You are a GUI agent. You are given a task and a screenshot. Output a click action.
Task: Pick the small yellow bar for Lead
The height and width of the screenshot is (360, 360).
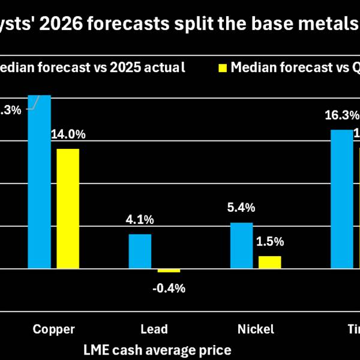[x=169, y=271]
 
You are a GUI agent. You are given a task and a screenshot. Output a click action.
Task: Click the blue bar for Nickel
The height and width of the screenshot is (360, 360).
[x=241, y=245]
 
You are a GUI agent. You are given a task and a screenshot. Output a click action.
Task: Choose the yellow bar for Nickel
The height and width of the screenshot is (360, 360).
[x=269, y=262]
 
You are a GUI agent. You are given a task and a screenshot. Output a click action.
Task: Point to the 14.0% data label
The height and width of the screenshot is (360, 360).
[x=69, y=135]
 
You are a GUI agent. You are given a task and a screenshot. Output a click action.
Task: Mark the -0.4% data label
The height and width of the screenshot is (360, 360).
[x=169, y=288]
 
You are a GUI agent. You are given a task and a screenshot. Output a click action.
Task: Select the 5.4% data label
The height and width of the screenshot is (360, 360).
[x=241, y=208]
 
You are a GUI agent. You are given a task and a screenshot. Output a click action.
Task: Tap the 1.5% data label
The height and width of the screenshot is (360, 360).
[x=269, y=242]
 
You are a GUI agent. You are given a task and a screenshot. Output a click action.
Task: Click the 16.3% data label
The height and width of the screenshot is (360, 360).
[x=342, y=115]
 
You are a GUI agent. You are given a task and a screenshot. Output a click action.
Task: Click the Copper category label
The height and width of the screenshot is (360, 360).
[x=54, y=329]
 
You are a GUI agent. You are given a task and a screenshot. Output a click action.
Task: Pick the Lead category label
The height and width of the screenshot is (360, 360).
[x=154, y=329]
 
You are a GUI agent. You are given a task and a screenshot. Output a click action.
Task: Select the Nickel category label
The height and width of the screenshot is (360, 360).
[x=256, y=329]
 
